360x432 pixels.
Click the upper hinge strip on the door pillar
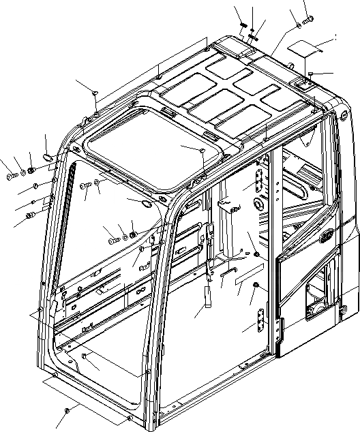pos(259,183)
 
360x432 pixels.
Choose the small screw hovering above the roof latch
pos(310,74)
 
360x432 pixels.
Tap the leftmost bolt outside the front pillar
pos(12,176)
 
